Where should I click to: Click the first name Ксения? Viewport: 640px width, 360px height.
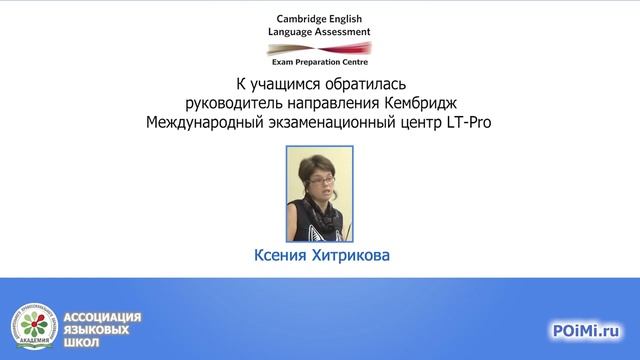(283, 256)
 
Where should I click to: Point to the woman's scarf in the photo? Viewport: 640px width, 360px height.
(321, 212)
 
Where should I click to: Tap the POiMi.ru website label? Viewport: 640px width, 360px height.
(586, 329)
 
